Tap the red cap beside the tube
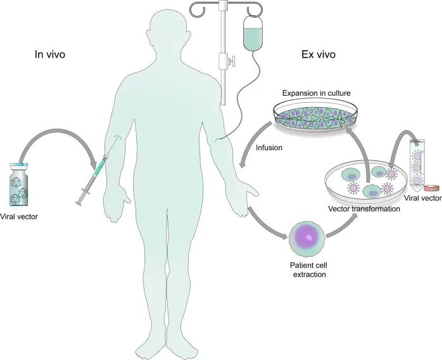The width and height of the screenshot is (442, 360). point(433,188)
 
